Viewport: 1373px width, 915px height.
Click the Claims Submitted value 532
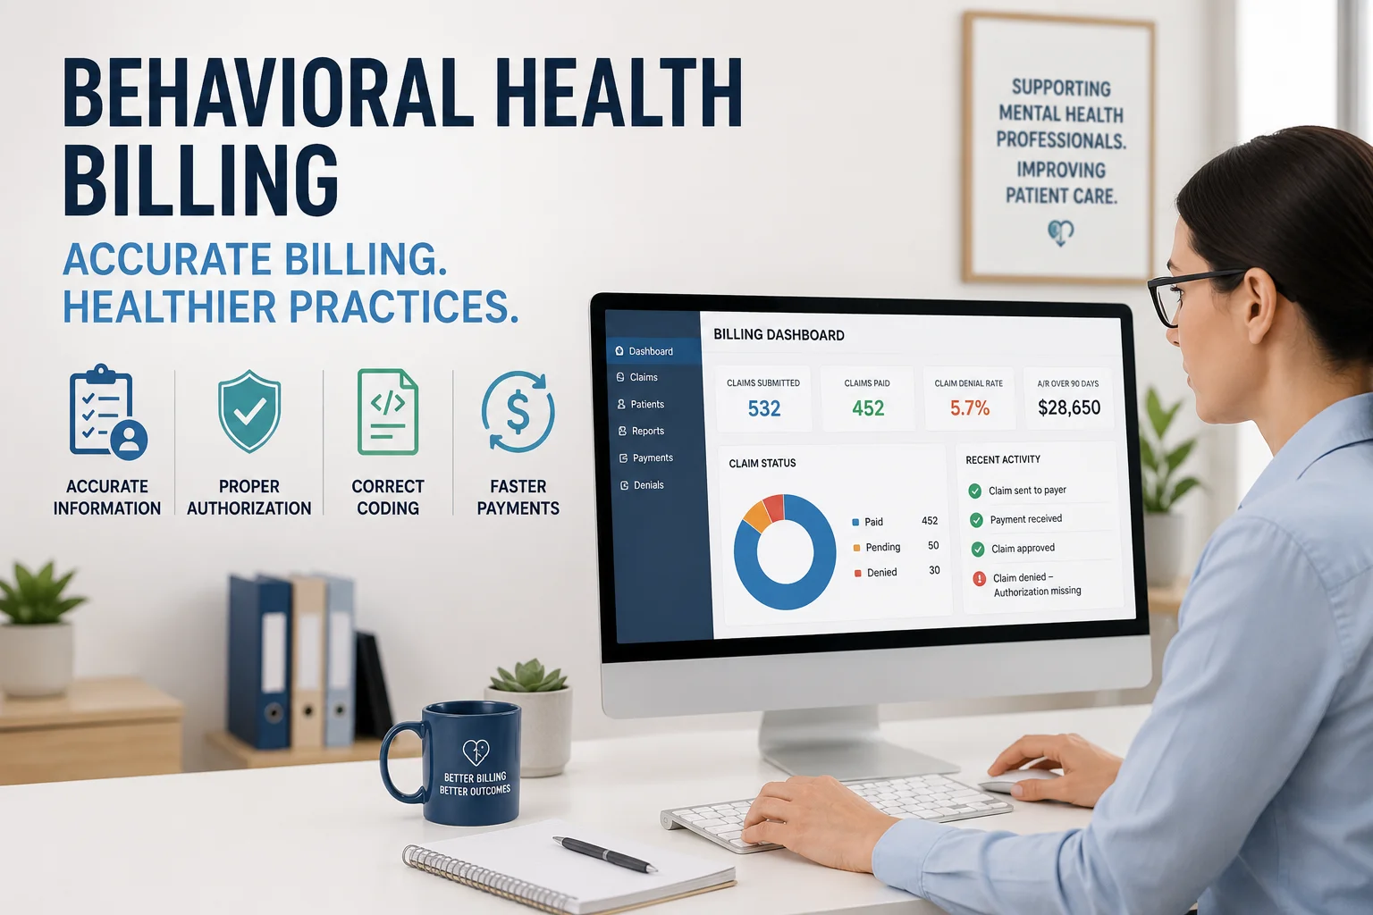pyautogui.click(x=763, y=408)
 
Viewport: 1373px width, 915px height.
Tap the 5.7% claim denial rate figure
pyautogui.click(x=970, y=408)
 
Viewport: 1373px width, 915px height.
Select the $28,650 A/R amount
pyautogui.click(x=1069, y=407)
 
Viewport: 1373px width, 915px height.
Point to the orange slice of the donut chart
pyautogui.click(x=756, y=516)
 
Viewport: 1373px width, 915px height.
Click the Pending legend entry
pyautogui.click(x=877, y=547)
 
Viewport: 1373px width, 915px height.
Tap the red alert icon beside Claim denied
pyautogui.click(x=980, y=578)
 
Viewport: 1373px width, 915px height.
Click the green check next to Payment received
pyautogui.click(x=976, y=520)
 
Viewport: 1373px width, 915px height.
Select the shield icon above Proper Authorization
pyautogui.click(x=248, y=411)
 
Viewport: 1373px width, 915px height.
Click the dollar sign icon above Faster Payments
pyautogui.click(x=518, y=412)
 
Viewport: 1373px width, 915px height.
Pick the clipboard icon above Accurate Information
pyautogui.click(x=108, y=412)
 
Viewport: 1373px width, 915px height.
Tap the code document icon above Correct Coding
pyautogui.click(x=387, y=412)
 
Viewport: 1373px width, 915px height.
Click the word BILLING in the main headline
pyautogui.click(x=200, y=180)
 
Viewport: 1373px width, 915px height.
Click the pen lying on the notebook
pyautogui.click(x=605, y=853)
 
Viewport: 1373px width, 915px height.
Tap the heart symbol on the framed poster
pyautogui.click(x=1060, y=232)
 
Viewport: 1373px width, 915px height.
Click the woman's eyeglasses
pyautogui.click(x=1195, y=294)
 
